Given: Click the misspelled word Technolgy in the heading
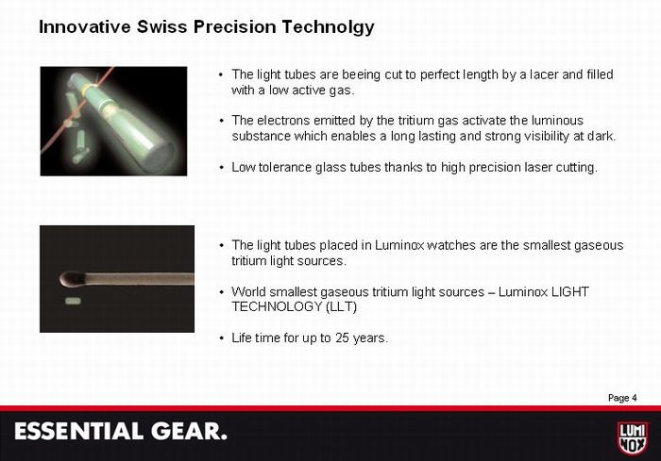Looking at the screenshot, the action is [x=328, y=27].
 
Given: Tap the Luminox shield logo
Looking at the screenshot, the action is [x=633, y=438].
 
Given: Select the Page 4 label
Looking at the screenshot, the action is [x=622, y=398].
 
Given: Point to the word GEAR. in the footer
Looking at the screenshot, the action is [x=189, y=432].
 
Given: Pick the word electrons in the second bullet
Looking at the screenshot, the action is [x=282, y=121].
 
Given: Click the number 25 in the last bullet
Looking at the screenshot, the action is [x=342, y=338].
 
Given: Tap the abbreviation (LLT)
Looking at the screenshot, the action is [x=341, y=306].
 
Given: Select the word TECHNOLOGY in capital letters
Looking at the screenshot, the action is [x=277, y=306].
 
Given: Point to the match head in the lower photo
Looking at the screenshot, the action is [x=72, y=278].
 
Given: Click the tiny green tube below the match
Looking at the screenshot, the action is [x=73, y=301].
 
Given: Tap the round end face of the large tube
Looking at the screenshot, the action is [x=159, y=157].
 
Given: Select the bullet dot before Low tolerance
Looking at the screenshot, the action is [x=221, y=168].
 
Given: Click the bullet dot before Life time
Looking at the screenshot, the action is [x=221, y=338].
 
